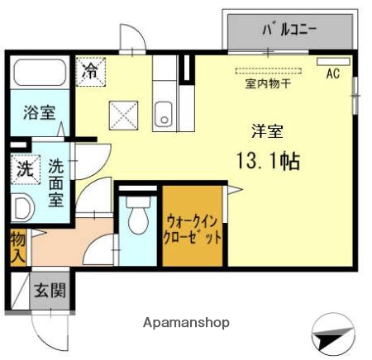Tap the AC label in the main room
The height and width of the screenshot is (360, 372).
pos(332,73)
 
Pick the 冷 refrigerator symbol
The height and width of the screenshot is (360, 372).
pos(90,70)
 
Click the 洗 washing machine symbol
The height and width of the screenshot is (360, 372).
pos(25,169)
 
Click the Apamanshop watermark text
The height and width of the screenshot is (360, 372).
pos(188,322)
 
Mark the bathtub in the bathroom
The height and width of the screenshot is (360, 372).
pos(39,75)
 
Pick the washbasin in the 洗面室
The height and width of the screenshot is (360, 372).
pos(21,207)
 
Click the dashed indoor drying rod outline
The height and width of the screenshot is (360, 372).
pos(268,71)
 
